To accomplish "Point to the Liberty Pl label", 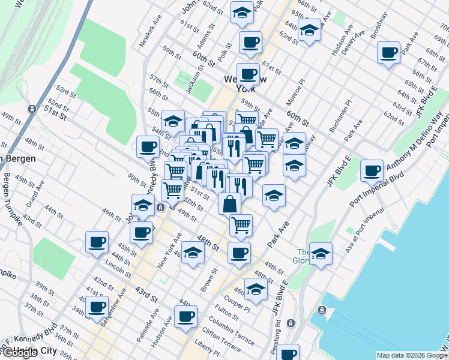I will tap(207, 347).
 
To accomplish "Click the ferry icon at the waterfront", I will tap(323, 310).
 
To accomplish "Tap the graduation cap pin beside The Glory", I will tap(321, 254).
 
